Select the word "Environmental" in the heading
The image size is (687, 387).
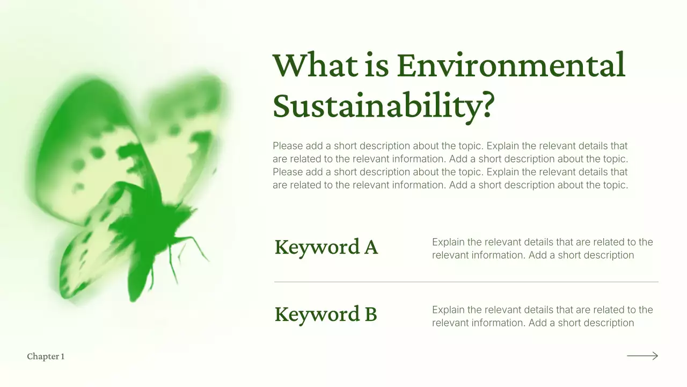pos(510,65)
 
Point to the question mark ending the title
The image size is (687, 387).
pos(484,106)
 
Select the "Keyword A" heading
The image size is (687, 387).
pos(326,247)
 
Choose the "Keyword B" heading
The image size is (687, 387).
pos(325,314)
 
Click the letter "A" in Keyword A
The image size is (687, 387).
pos(371,247)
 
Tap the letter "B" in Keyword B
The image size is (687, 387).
pos(370,314)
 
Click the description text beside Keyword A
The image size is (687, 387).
pos(542,248)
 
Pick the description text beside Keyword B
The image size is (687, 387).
pos(542,316)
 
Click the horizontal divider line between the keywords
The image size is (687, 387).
pos(466,282)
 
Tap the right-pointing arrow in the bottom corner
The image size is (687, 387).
pos(642,356)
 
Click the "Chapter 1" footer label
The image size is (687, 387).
pos(46,356)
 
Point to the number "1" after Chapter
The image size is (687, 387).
pos(63,356)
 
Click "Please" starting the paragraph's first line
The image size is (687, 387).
pos(287,146)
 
